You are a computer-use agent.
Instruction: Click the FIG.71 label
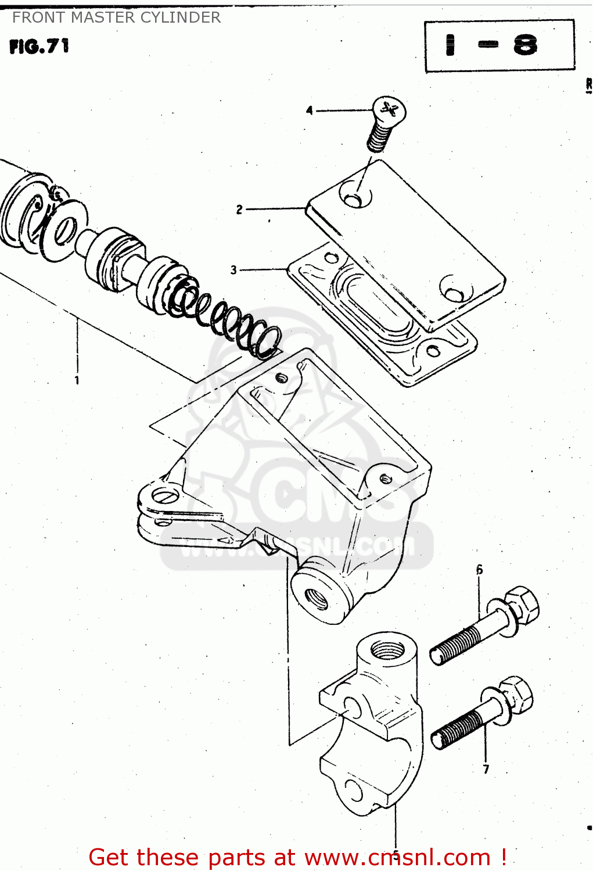39,46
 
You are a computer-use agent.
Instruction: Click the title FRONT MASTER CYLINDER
116,17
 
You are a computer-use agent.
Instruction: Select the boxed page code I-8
499,46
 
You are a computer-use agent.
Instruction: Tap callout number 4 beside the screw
309,110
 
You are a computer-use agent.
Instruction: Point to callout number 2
239,210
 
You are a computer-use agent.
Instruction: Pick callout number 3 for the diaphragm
233,270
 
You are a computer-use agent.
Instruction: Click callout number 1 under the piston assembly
77,380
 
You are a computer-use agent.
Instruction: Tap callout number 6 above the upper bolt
479,570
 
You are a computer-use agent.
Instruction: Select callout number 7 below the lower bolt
486,769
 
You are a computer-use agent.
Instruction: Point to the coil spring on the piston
227,316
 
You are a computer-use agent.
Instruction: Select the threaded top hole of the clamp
387,648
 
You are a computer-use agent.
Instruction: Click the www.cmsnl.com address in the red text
398,857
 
